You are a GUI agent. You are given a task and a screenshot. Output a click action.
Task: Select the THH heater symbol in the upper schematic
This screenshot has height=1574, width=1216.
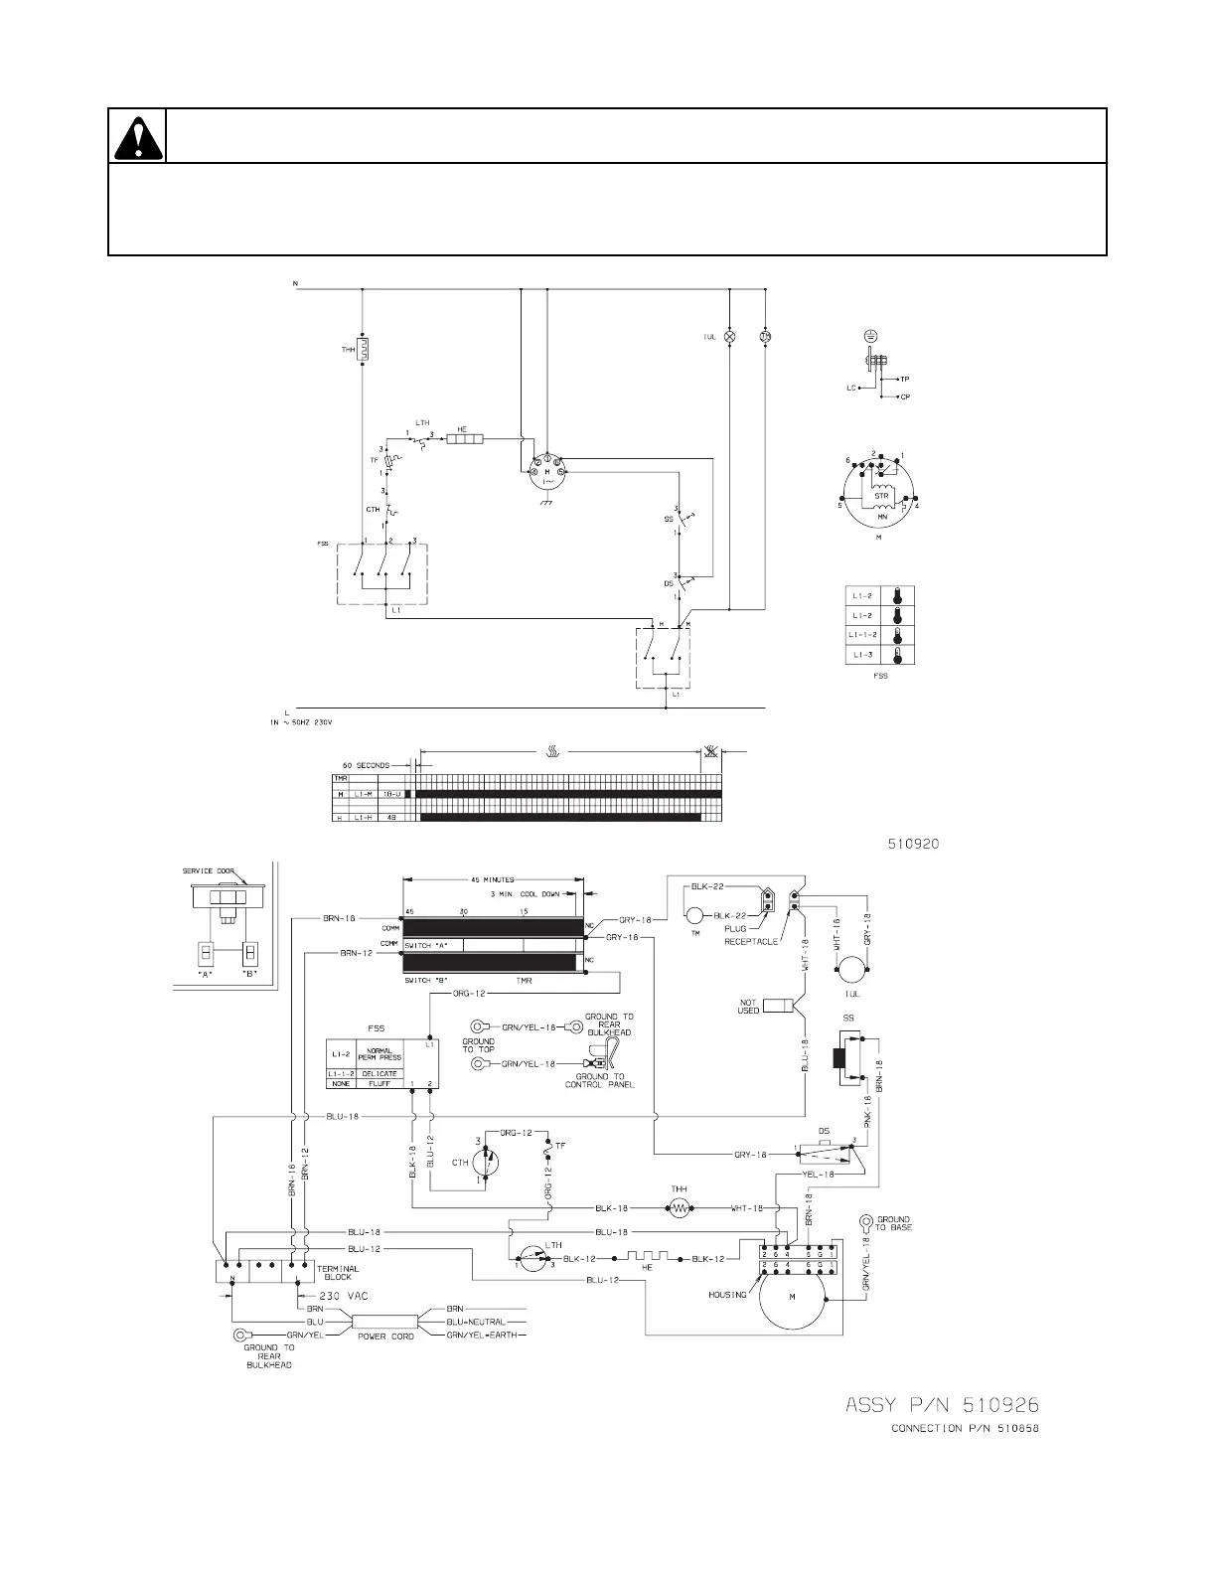pyautogui.click(x=363, y=349)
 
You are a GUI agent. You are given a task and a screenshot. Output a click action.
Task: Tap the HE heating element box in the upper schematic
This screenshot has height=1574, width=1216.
pyautogui.click(x=463, y=437)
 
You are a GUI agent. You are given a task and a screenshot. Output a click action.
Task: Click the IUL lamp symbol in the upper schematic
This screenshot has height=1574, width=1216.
pyautogui.click(x=730, y=337)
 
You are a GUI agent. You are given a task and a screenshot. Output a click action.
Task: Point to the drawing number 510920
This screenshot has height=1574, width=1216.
pyautogui.click(x=913, y=844)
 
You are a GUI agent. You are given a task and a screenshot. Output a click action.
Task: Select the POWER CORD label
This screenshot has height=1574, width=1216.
pyautogui.click(x=385, y=1337)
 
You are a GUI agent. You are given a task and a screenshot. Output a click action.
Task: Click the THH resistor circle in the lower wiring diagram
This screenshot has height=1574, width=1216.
pyautogui.click(x=681, y=1208)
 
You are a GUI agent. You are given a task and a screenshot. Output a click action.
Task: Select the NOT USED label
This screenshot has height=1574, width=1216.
pyautogui.click(x=749, y=1006)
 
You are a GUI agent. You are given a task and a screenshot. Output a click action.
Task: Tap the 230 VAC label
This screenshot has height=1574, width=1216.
pyautogui.click(x=344, y=1297)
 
